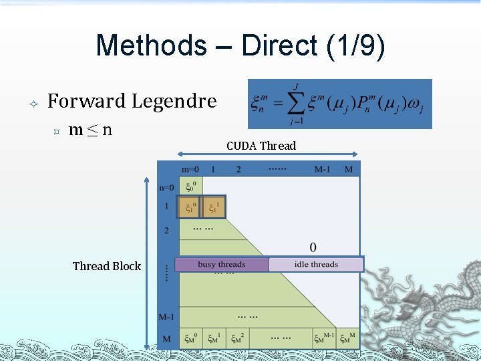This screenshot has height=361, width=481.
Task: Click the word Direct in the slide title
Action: [280, 45]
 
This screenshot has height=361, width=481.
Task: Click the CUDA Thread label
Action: [261, 146]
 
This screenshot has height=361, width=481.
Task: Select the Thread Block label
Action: [107, 266]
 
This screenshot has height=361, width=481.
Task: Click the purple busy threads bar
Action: [222, 265]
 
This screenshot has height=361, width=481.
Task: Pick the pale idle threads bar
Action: [316, 265]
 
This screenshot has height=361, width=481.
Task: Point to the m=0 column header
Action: [190, 169]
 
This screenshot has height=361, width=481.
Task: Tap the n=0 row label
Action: [166, 188]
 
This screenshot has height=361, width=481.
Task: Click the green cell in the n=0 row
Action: [190, 187]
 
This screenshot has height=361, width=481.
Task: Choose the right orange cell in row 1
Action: [213, 207]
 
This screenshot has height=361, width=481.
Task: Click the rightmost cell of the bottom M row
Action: [347, 338]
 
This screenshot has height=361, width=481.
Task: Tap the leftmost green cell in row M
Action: [191, 338]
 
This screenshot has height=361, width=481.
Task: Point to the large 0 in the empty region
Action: [313, 247]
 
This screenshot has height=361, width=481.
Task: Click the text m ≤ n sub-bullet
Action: [90, 129]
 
